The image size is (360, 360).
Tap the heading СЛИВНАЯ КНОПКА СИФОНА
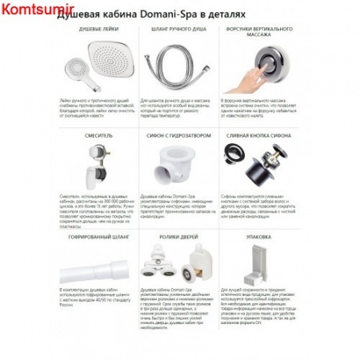click(x=262, y=135)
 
